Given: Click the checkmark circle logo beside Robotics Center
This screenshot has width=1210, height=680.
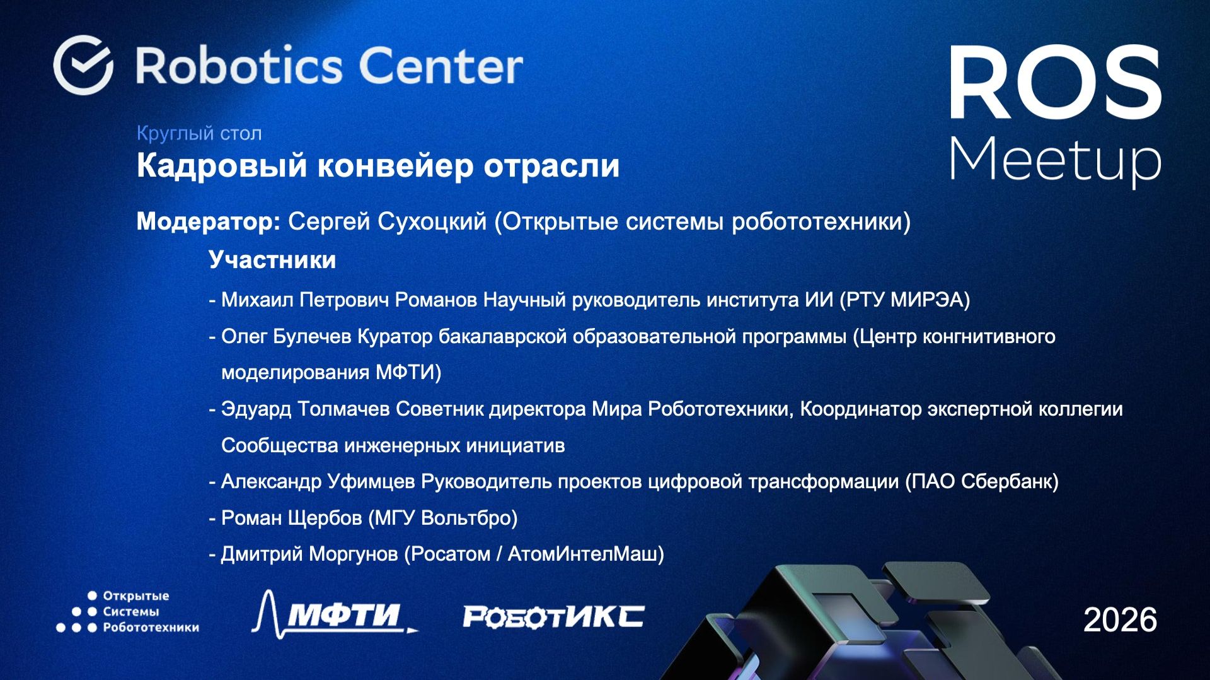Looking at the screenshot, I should (83, 65).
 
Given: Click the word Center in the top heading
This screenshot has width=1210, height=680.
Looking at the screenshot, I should (441, 66).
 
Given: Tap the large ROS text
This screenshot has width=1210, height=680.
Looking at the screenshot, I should (1055, 83).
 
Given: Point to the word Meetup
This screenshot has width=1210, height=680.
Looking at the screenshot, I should (1055, 160).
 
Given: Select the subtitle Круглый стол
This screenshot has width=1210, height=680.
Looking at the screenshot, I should (199, 133).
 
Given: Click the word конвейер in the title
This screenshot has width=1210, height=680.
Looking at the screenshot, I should (395, 166).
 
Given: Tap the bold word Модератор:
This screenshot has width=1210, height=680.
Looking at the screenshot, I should (209, 221).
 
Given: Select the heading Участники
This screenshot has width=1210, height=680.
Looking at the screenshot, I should (272, 260).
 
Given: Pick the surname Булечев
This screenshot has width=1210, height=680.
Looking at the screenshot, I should (312, 336).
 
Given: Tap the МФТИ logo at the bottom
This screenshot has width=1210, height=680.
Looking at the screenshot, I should (335, 614).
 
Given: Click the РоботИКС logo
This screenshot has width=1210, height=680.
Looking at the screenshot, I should (553, 616).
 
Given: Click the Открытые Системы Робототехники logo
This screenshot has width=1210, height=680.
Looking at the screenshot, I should (128, 611).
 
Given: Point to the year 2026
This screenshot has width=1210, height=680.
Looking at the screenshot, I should (1120, 619).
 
